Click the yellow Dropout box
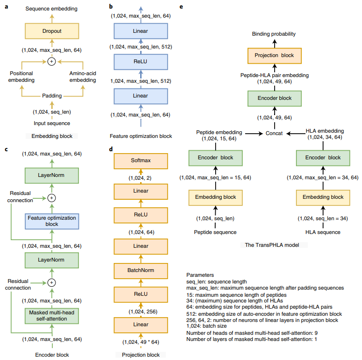point(52,31)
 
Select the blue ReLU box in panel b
point(141,62)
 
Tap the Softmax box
point(140,160)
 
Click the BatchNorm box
point(140,271)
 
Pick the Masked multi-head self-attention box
point(52,315)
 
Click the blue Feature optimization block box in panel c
point(52,220)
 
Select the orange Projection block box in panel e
point(274,55)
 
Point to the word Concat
point(274,134)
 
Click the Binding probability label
point(274,34)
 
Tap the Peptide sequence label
point(215,232)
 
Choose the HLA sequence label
point(323,232)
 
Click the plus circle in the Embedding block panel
point(52,61)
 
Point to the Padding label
point(52,95)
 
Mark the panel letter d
point(111,148)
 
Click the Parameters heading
point(200,275)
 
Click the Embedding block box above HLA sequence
point(323,197)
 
